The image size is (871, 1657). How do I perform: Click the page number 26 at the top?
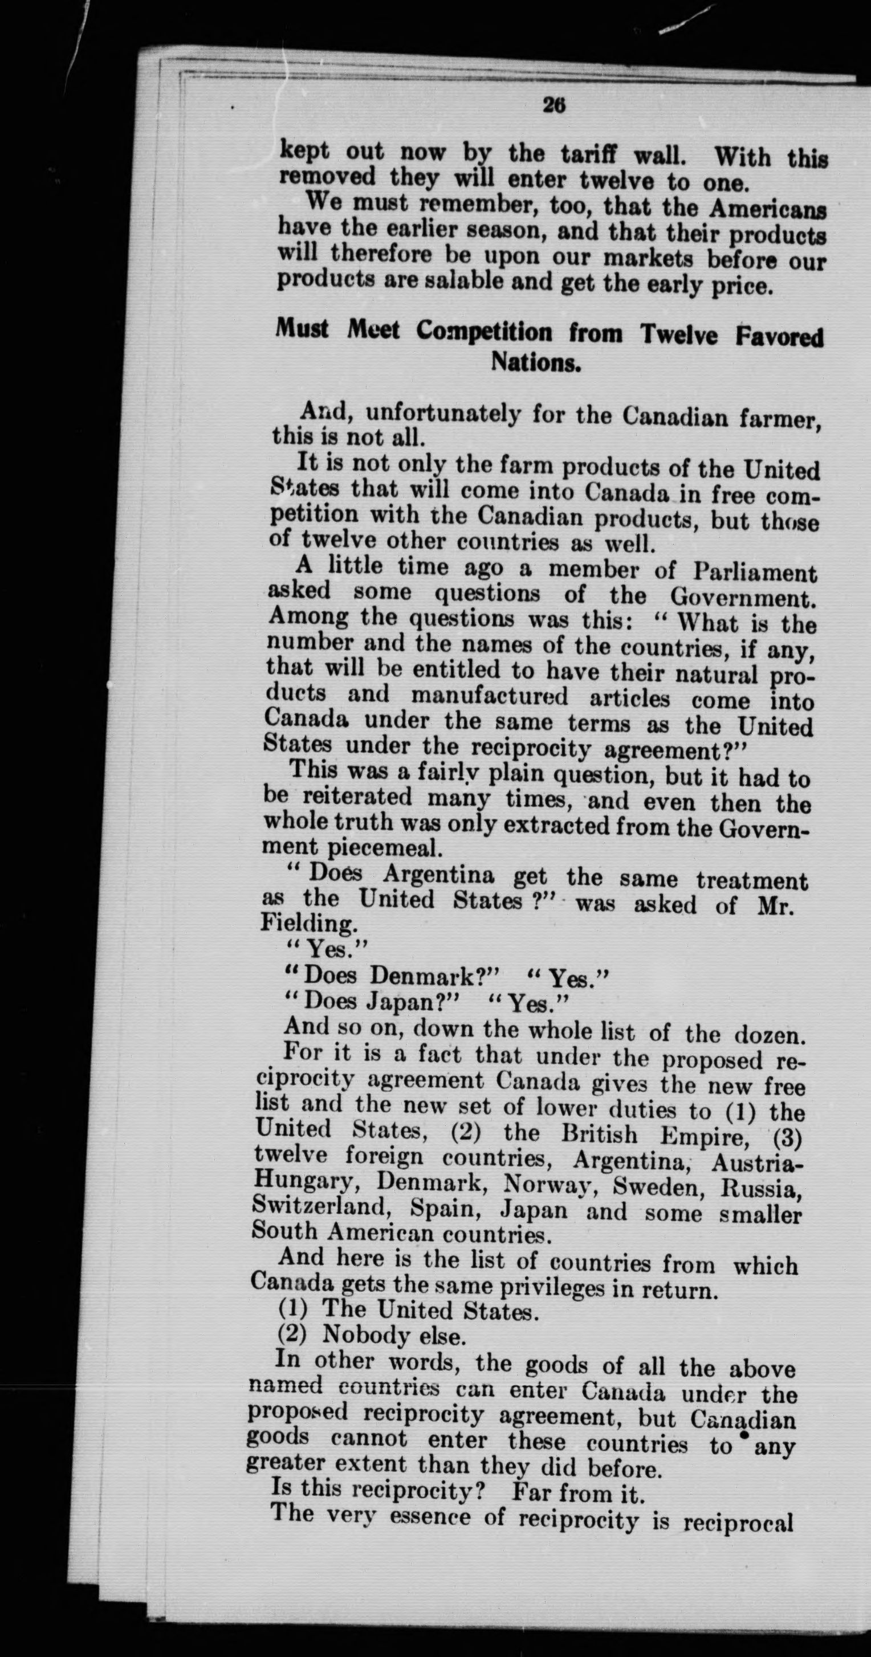(x=553, y=105)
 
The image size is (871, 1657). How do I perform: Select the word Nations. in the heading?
(x=536, y=364)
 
